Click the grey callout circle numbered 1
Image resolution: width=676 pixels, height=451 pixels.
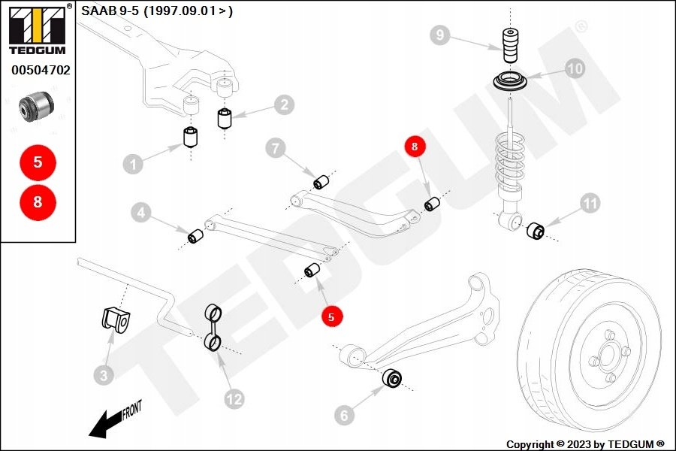132,164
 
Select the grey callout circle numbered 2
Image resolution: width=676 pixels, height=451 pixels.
283,104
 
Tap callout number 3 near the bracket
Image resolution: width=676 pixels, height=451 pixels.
104,374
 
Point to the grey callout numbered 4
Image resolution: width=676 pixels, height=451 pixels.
140,213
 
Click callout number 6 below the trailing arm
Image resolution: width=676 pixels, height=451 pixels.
343,414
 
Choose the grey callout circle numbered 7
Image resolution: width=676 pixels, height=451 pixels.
276,149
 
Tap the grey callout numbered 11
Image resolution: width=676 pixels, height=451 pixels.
590,202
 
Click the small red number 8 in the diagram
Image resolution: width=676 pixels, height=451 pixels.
415,146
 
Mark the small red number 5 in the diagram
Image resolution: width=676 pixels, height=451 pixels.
330,317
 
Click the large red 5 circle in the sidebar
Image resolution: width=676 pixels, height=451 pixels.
38,162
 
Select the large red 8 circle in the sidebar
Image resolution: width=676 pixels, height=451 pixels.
38,201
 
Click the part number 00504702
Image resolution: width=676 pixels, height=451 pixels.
40,71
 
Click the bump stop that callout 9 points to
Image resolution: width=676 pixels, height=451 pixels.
511,47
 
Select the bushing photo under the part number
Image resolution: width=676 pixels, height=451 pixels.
37,104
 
